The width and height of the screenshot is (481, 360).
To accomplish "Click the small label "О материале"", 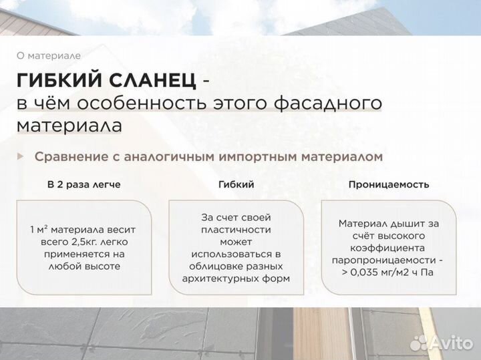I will [48, 56].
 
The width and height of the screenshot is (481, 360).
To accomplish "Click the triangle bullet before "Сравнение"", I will [20, 156].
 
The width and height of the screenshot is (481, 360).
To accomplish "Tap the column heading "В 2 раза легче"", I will [84, 184].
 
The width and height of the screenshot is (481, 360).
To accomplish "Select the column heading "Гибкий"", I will [236, 184].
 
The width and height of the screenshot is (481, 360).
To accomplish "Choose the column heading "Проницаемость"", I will [388, 184].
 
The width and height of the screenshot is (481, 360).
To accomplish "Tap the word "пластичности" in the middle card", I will [236, 229].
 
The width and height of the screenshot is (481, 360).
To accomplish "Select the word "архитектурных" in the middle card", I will [216, 278].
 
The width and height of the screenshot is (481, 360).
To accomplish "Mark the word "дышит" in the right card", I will [408, 224].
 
